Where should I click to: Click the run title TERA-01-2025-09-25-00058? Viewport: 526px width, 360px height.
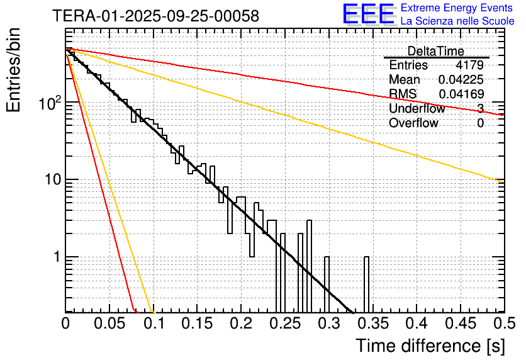(x=155, y=16)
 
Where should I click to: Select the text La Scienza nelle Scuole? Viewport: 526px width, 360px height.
(x=457, y=21)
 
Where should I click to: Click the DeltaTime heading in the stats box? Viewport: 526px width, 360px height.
(x=435, y=51)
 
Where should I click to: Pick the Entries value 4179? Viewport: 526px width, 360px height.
(x=470, y=65)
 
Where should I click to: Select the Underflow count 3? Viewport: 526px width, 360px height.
(x=480, y=109)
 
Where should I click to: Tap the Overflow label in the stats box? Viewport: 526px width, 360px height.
(x=413, y=123)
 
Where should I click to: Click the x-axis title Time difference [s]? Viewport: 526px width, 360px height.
(x=430, y=346)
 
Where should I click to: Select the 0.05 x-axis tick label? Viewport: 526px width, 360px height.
(x=109, y=323)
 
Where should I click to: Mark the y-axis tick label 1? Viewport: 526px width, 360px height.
(x=55, y=257)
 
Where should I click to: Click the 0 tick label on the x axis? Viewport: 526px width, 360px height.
(x=65, y=323)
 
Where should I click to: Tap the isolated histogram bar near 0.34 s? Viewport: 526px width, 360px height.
(x=366, y=283)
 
